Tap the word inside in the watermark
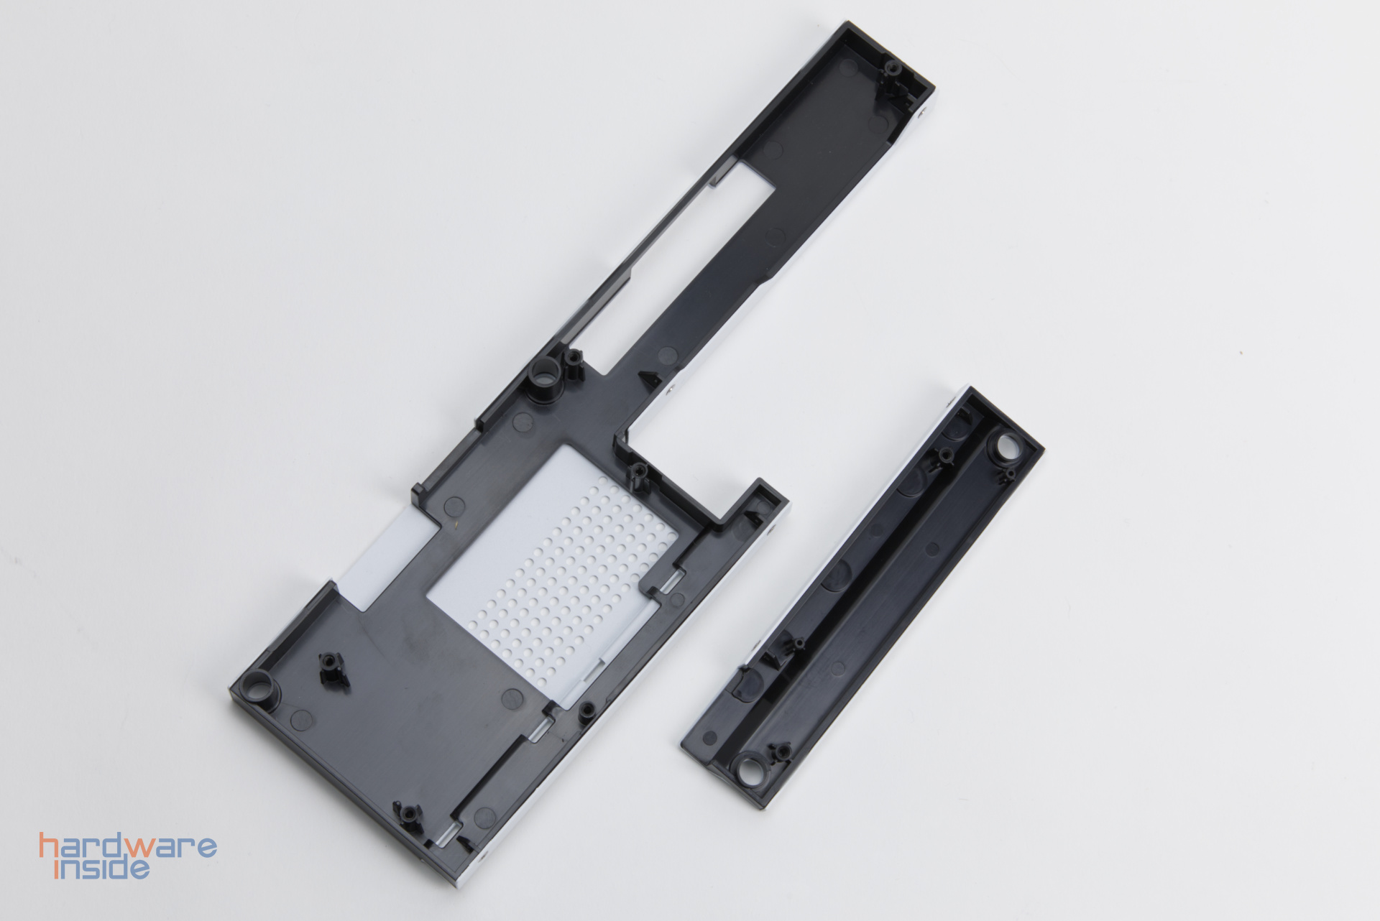(x=102, y=868)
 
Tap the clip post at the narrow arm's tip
(x=893, y=70)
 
